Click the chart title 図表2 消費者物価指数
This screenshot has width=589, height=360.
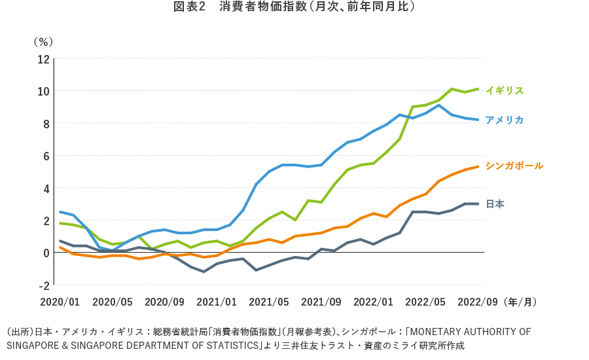point(294,7)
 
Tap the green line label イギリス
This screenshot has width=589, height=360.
point(505,90)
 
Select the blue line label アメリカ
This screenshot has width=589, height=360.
point(504,120)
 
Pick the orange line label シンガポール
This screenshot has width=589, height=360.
point(514,166)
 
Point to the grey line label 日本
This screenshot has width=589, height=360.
point(495,204)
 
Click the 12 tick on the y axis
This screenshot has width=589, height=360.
point(43,59)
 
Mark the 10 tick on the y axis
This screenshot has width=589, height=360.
point(43,91)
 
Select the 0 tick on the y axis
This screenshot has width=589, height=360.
point(46,253)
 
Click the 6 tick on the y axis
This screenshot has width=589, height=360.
point(46,156)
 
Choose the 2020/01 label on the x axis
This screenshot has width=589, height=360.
point(60,302)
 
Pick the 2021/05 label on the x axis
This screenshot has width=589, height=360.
point(269,302)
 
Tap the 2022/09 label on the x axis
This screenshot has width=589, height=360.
point(478,302)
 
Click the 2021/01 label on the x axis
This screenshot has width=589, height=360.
point(217,302)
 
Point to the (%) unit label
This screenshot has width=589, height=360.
point(43,41)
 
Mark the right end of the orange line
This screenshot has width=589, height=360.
point(478,166)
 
